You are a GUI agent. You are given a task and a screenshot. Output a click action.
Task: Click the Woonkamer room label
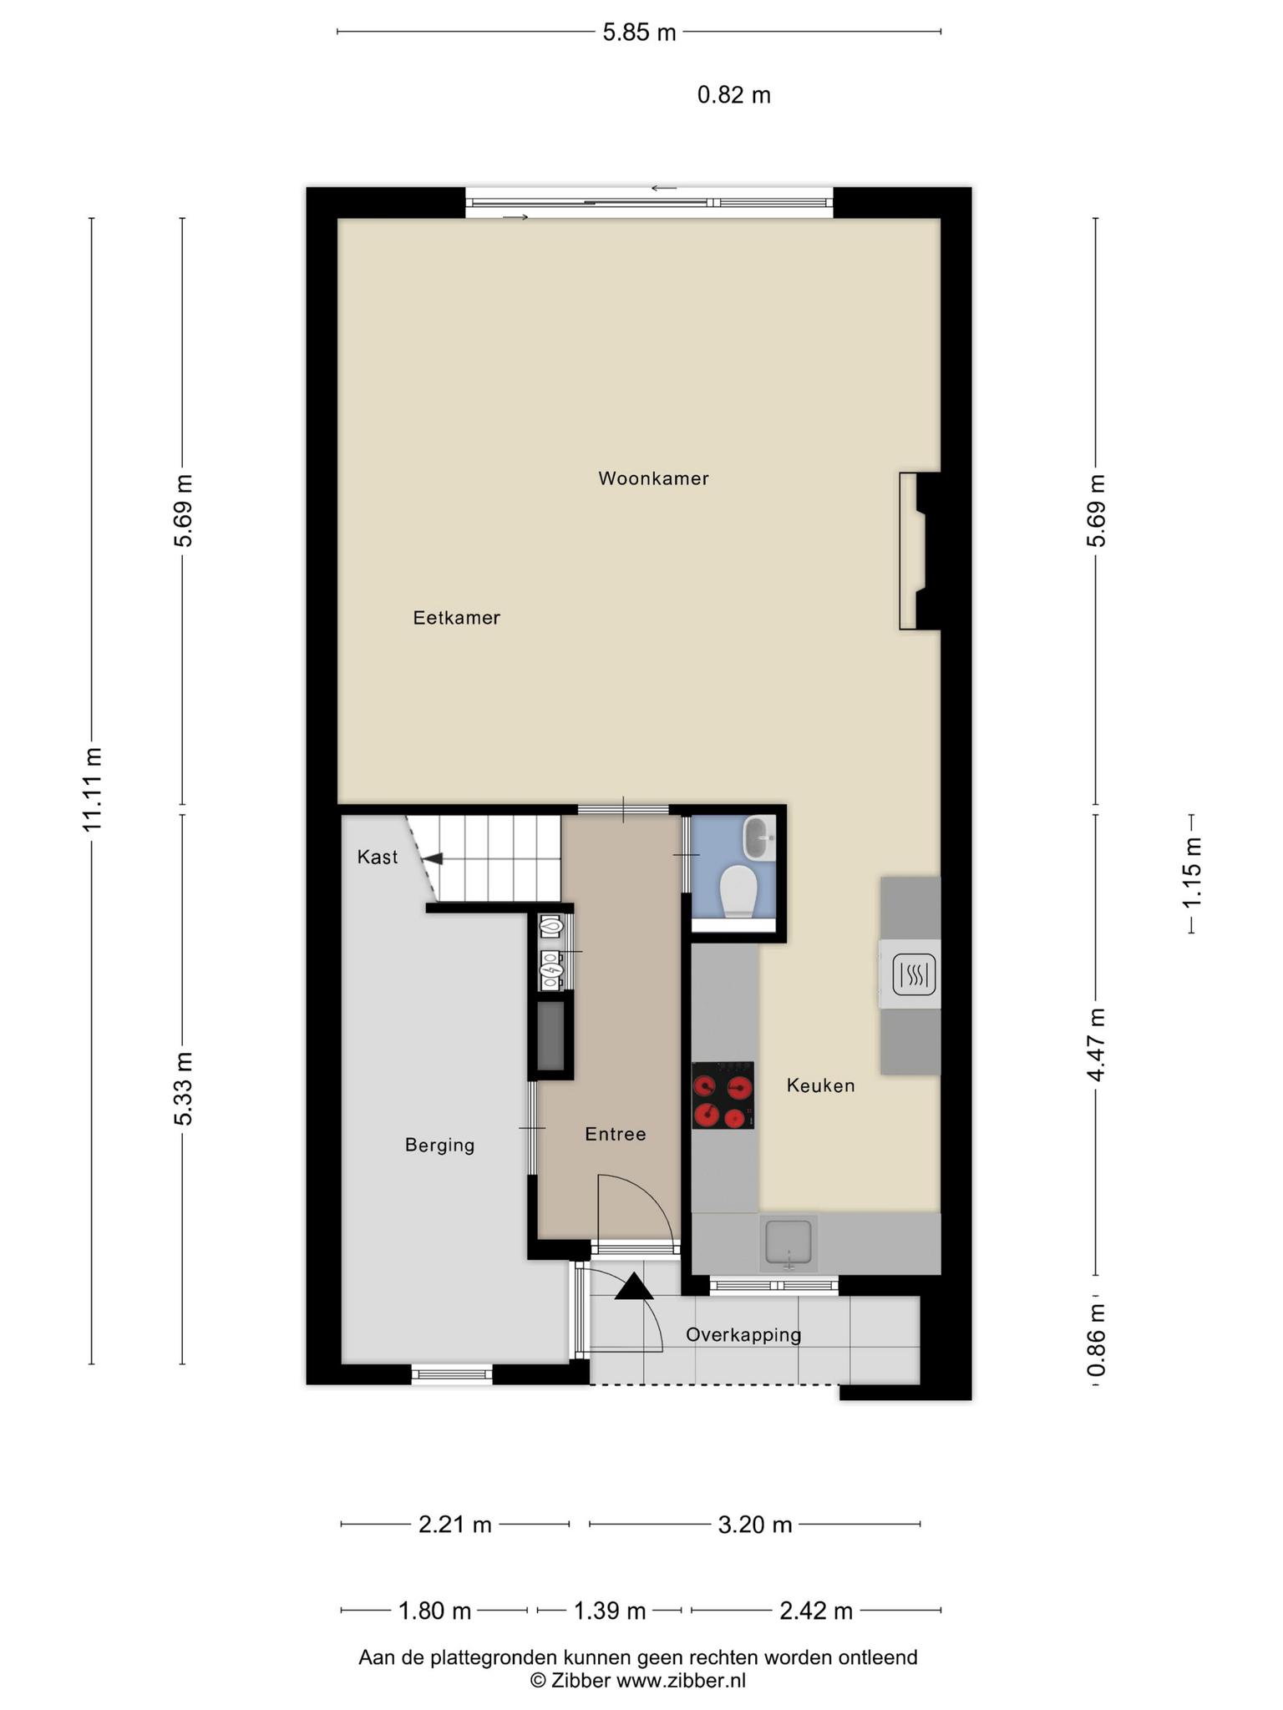653,478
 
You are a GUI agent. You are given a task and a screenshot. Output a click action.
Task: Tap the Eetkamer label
457,618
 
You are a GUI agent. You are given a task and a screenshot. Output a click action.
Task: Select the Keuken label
820,1085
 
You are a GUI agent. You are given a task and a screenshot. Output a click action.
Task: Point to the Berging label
440,1146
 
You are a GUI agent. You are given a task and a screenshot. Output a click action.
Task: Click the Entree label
616,1134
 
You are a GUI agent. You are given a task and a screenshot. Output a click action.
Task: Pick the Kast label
378,857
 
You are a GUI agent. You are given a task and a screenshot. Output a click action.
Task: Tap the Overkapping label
743,1335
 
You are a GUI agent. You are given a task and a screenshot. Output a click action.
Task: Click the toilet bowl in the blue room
738,890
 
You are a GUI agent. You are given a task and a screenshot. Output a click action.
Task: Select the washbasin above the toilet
760,837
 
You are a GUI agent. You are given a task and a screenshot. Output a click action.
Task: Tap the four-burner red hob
723,1095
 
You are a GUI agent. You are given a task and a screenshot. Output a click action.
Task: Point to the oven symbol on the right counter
915,974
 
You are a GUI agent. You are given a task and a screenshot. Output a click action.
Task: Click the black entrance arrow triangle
634,1287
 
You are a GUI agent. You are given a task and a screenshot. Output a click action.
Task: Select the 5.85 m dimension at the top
639,33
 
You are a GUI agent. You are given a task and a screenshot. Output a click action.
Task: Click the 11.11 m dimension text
93,789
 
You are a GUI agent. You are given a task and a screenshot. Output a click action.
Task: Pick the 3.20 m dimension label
755,1525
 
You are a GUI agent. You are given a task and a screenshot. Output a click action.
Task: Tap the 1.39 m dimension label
610,1611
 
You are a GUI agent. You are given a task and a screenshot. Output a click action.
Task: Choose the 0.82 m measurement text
734,95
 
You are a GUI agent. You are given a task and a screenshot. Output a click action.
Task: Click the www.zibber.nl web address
681,1681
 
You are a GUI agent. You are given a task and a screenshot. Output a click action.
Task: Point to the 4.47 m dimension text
1097,1045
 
